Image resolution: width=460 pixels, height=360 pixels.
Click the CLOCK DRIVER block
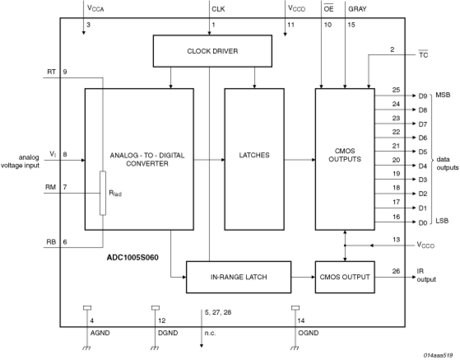click(212, 51)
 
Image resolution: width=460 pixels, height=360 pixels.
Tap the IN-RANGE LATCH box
click(239, 277)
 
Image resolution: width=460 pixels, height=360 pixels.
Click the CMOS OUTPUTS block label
click(345, 155)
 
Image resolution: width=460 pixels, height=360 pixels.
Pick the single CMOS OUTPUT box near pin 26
click(345, 277)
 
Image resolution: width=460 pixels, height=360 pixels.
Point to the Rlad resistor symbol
click(103, 193)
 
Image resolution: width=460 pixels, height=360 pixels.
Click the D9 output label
click(423, 96)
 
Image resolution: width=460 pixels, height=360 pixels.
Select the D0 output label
click(423, 223)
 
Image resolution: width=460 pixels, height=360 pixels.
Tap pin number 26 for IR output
click(396, 271)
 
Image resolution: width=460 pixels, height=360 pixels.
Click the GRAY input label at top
click(357, 9)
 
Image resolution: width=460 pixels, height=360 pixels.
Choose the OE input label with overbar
click(329, 9)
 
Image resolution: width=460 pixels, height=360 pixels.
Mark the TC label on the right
click(423, 55)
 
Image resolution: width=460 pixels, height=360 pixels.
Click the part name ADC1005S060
click(133, 257)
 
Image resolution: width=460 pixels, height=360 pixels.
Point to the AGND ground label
click(100, 333)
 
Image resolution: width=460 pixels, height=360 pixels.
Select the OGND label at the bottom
click(308, 333)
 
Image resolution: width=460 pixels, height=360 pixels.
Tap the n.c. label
click(210, 333)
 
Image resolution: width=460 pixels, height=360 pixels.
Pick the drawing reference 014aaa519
click(438, 355)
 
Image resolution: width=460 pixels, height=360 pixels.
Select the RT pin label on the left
click(51, 72)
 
